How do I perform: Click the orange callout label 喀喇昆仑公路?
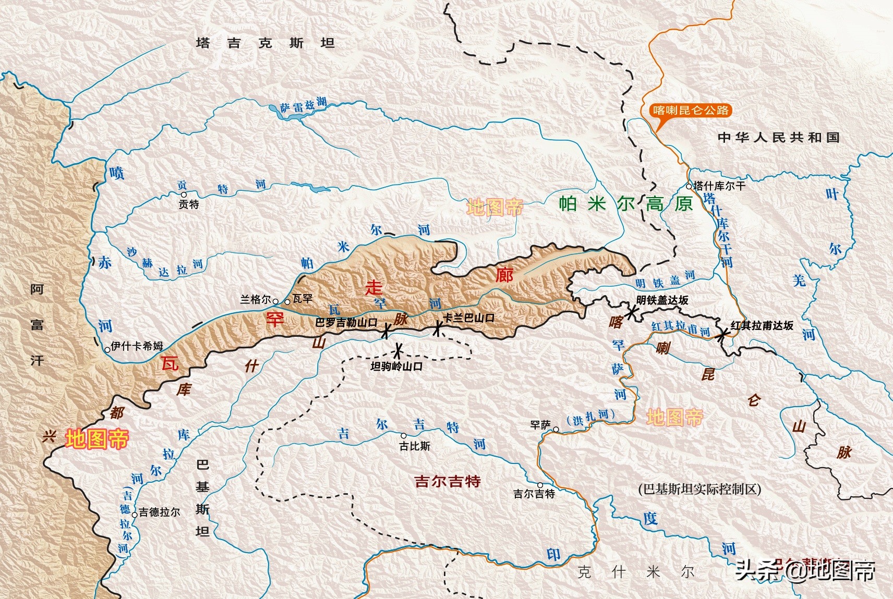click(691, 111)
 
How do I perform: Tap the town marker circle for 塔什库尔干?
click(689, 186)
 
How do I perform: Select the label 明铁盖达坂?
click(662, 300)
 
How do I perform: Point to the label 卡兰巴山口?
click(468, 317)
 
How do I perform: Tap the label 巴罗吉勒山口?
click(346, 323)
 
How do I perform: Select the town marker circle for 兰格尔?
click(275, 301)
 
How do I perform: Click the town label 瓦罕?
click(303, 299)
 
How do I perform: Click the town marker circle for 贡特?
click(184, 195)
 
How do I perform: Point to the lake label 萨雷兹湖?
click(303, 105)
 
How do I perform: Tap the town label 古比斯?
click(415, 446)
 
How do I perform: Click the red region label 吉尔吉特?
click(448, 481)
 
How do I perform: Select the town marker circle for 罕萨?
click(556, 430)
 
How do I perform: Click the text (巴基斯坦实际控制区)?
click(699, 489)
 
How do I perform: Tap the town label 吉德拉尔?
click(159, 512)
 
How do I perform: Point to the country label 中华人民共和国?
click(778, 138)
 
